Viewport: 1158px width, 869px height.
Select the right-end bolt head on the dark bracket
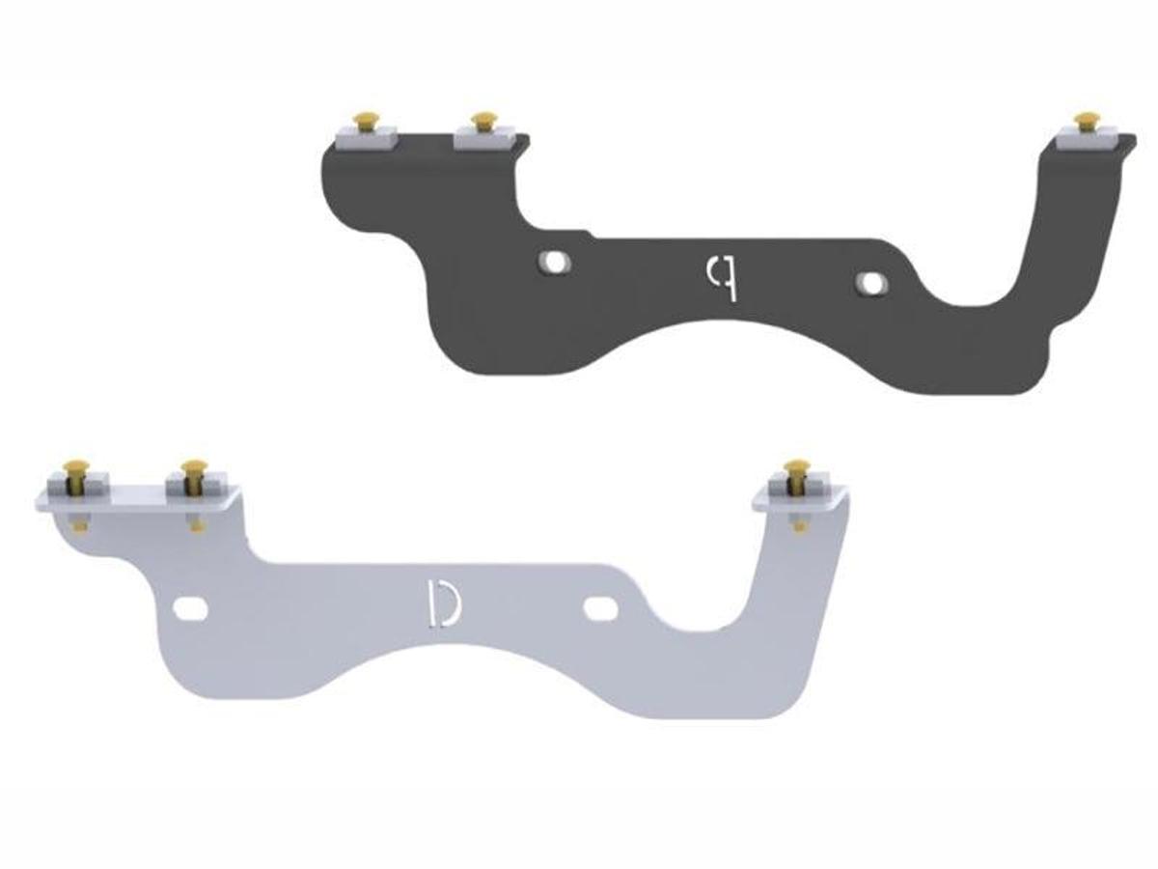1088,120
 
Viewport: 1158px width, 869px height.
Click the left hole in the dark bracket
553,261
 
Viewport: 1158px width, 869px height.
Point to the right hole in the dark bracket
870,283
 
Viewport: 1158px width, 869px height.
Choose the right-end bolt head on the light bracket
797,469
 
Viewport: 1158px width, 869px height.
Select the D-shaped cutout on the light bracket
443,603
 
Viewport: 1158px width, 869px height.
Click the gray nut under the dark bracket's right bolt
1088,139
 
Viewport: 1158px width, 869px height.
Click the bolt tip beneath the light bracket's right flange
799,525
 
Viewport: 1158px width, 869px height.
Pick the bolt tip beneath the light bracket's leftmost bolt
79,525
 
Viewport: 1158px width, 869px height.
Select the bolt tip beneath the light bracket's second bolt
198,525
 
